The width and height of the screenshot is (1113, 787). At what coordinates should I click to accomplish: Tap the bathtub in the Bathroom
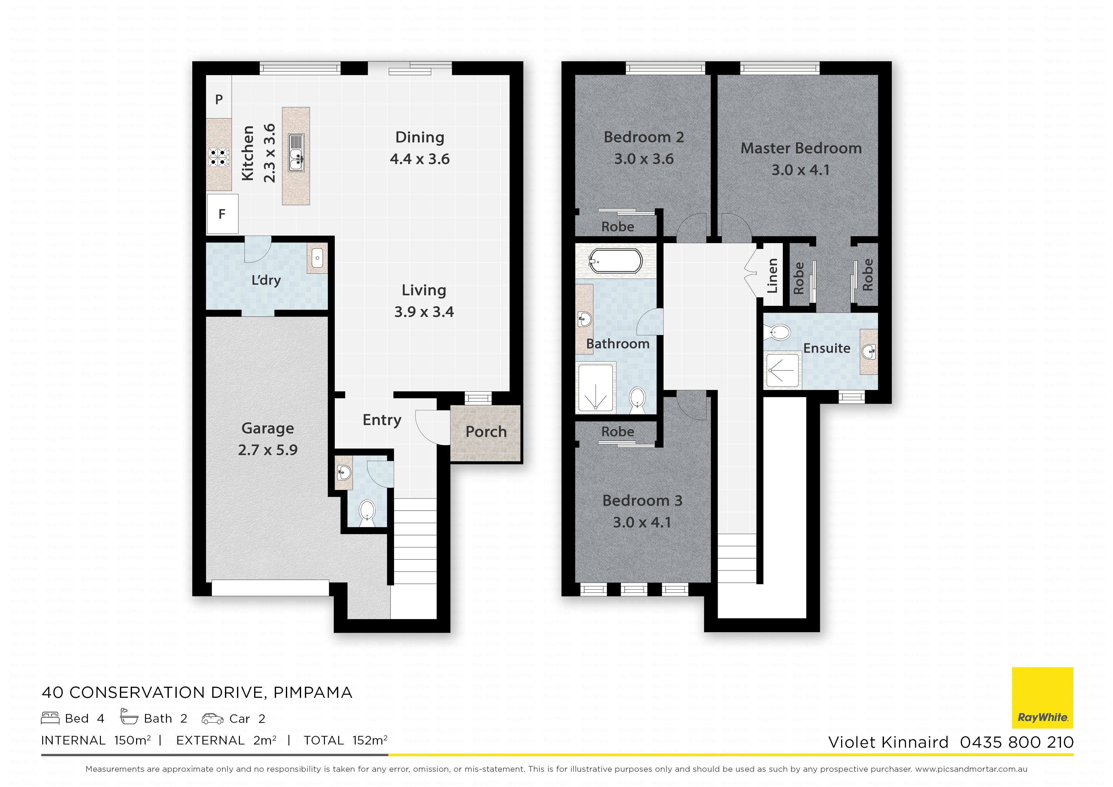coord(616,262)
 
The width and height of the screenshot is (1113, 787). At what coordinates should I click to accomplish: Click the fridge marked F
coord(222,214)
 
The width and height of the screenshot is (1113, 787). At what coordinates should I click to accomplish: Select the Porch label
coord(486,432)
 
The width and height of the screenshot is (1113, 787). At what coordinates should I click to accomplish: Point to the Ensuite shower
coord(781,370)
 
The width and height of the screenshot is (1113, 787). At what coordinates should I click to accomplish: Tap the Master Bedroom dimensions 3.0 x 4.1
coord(801,170)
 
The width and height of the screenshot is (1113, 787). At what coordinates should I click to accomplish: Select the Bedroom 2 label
coord(644,137)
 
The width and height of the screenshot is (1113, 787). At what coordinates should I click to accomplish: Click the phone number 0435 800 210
coord(1017,742)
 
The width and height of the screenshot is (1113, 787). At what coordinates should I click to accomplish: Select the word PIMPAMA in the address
coord(313,692)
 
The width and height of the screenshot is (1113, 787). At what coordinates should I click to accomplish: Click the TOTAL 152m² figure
coord(346,740)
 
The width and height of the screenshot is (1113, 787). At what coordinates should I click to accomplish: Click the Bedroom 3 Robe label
coord(618,432)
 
